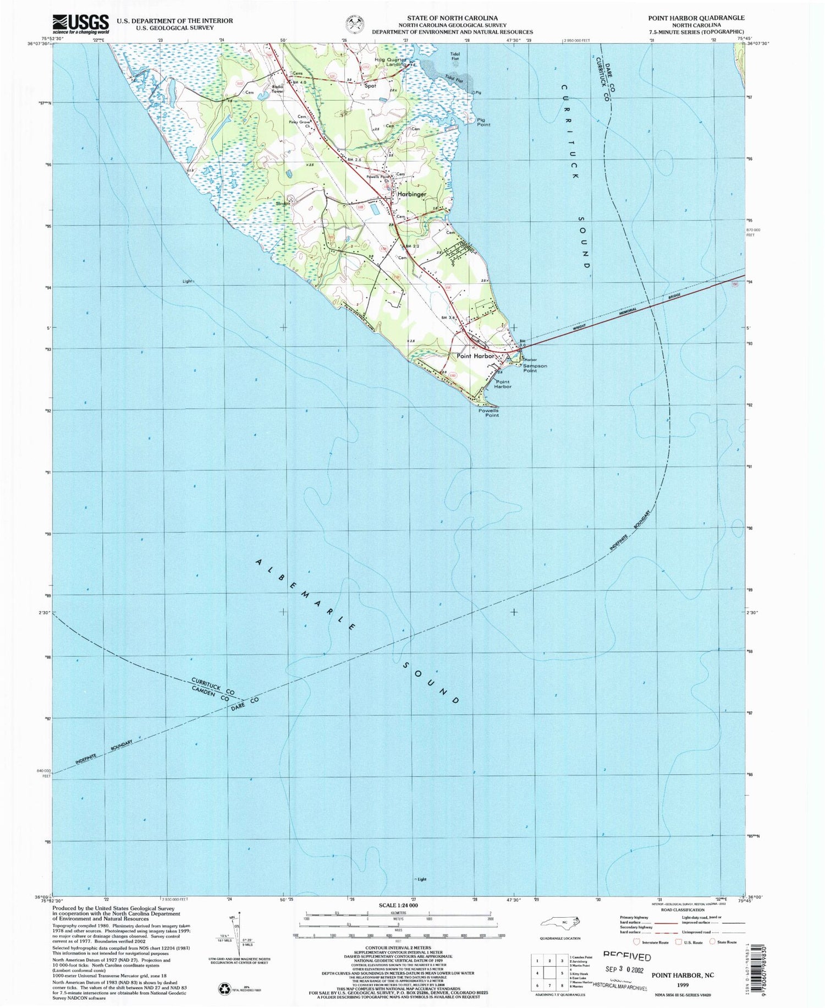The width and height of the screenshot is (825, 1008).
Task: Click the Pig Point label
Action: click(483, 122)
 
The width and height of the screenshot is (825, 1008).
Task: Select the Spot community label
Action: click(370, 86)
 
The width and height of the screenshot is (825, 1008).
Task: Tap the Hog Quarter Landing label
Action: click(391, 62)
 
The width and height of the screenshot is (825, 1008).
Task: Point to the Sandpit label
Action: click(283, 204)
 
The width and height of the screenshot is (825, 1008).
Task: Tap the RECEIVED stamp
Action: click(627, 956)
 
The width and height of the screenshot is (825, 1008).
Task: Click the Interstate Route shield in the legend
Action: click(637, 941)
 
